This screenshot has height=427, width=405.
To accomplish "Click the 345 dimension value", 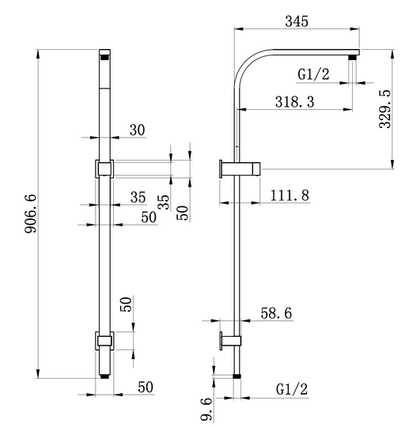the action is pyautogui.click(x=297, y=21).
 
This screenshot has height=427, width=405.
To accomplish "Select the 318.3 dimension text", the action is pyautogui.click(x=294, y=101).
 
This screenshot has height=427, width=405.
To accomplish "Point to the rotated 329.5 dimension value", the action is pyautogui.click(x=385, y=109).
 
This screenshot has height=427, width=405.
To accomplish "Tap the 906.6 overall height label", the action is pyautogui.click(x=30, y=213).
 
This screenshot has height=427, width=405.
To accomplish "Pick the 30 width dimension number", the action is pyautogui.click(x=137, y=130).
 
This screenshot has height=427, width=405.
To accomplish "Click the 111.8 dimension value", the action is pyautogui.click(x=290, y=195).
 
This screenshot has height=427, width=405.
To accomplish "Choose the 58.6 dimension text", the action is pyautogui.click(x=276, y=313).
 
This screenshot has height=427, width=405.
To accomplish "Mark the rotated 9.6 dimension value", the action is pyautogui.click(x=206, y=409).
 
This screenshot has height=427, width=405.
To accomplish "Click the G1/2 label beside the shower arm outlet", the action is pyautogui.click(x=313, y=74).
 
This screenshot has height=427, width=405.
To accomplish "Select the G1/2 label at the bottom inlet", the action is pyautogui.click(x=292, y=389).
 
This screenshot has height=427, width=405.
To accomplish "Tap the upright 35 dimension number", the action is pyautogui.click(x=138, y=197).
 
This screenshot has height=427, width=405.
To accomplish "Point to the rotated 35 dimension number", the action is pyautogui.click(x=164, y=202).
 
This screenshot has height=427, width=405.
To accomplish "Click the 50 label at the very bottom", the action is pyautogui.click(x=146, y=387).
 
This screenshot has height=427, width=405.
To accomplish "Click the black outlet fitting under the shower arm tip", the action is pyautogui.click(x=353, y=58).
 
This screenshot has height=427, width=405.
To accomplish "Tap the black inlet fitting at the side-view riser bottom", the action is pyautogui.click(x=237, y=376).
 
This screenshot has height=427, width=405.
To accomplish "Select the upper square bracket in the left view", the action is pyautogui.click(x=104, y=169).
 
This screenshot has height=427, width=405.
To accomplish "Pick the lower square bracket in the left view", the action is pyautogui.click(x=104, y=341).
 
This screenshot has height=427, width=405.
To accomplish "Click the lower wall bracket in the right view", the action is pyautogui.click(x=230, y=341).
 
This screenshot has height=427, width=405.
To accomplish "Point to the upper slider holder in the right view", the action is pyautogui.click(x=240, y=169).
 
